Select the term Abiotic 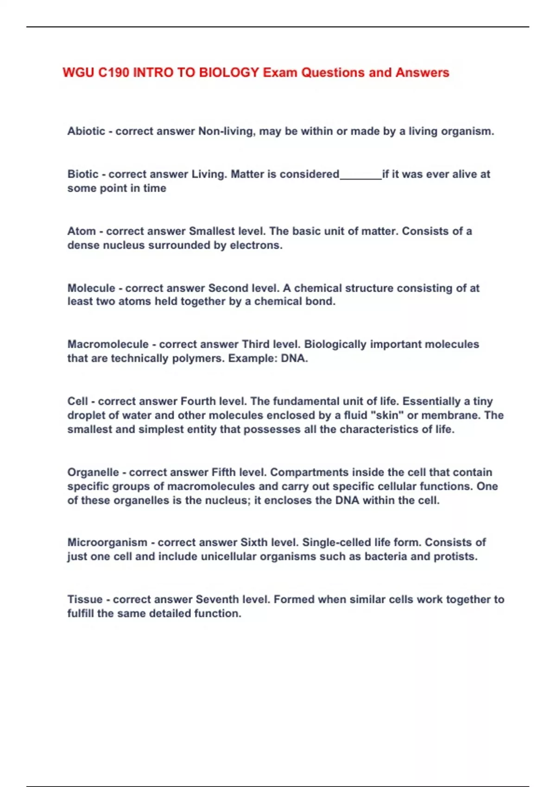coord(86,131)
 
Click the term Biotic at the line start coord(83,174)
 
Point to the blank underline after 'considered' coord(360,176)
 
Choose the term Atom coord(82,231)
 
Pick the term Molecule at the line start coord(91,288)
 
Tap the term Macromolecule coord(108,344)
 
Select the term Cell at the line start coord(77,401)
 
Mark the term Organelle coord(93,472)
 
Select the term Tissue coord(85,600)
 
